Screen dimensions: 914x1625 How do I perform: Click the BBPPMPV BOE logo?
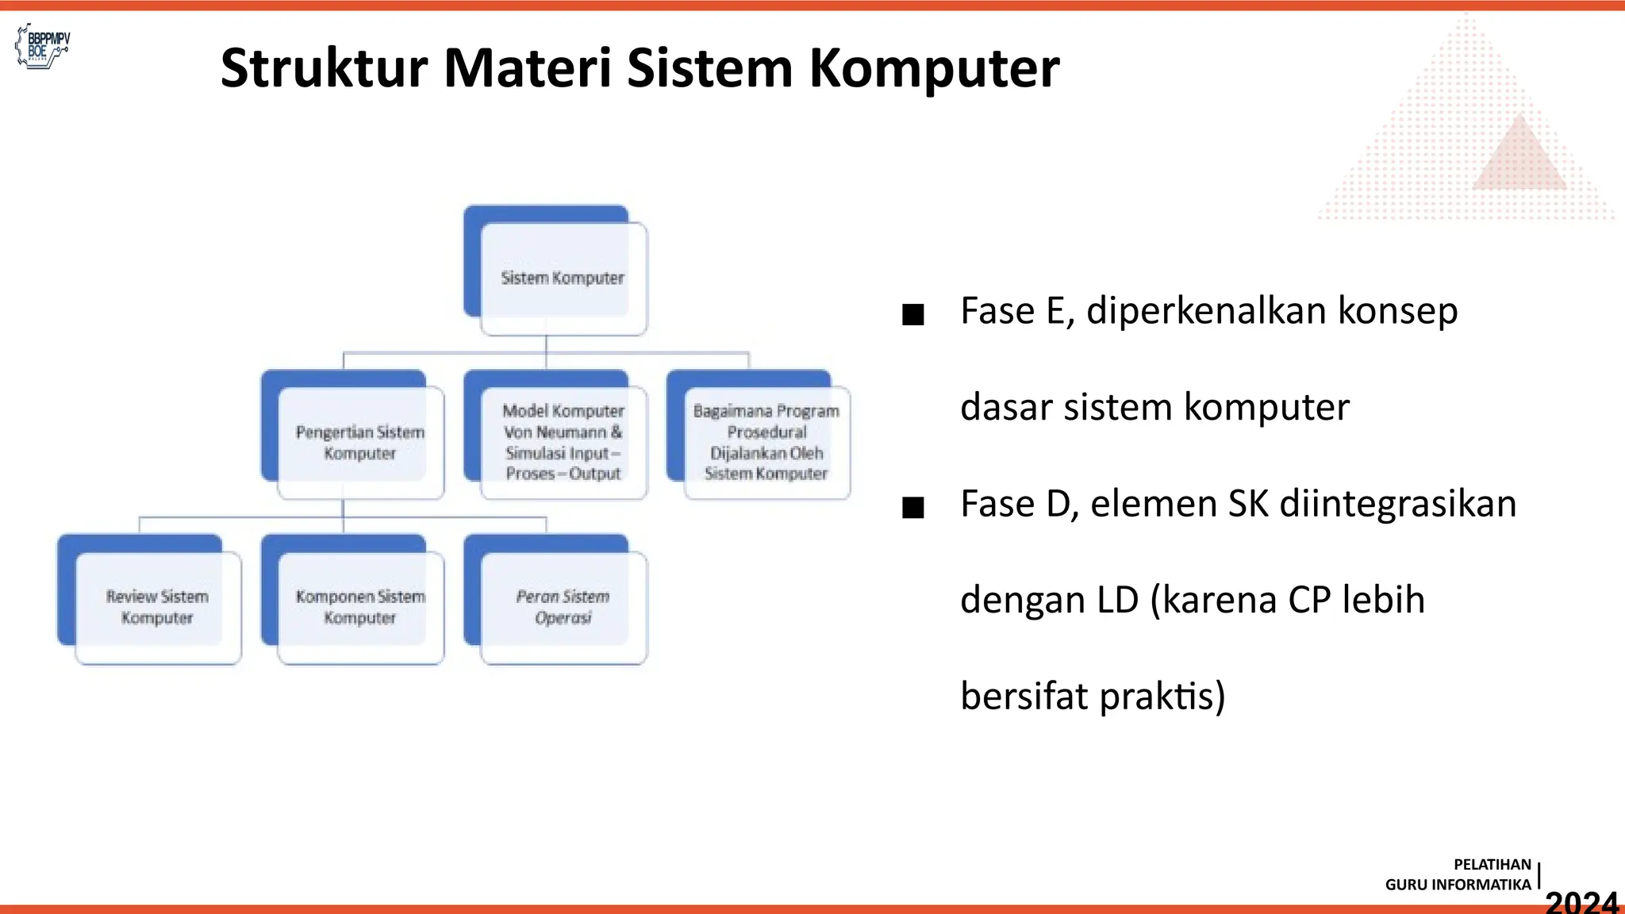(x=44, y=46)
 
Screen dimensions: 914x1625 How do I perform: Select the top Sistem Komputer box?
(x=562, y=278)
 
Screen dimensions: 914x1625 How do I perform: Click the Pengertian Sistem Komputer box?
(x=359, y=442)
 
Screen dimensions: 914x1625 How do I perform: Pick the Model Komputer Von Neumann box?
(x=563, y=442)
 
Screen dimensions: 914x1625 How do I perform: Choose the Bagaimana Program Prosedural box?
(x=766, y=442)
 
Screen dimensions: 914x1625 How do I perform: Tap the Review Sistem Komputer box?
(x=156, y=607)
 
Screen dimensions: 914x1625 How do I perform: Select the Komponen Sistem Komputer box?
(x=359, y=607)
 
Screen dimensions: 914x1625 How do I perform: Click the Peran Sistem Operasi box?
(x=563, y=607)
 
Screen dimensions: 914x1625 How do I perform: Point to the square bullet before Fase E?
(x=913, y=315)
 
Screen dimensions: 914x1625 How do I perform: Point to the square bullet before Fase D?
(x=913, y=508)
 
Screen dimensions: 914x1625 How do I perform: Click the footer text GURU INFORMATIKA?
(x=1458, y=885)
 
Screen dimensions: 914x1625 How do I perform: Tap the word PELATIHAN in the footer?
(x=1492, y=865)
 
